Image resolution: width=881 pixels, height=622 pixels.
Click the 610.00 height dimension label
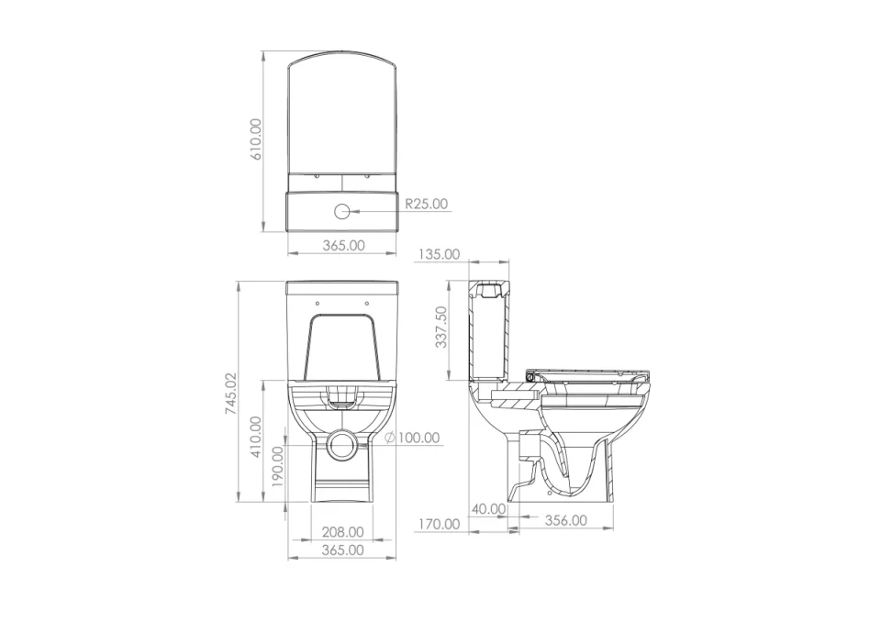tap(257, 139)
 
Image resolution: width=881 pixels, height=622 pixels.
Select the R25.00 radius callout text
tap(427, 204)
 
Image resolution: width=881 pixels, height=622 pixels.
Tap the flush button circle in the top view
tap(342, 210)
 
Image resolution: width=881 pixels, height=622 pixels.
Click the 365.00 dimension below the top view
tap(343, 245)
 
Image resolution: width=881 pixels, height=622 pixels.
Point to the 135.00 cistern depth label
tap(439, 254)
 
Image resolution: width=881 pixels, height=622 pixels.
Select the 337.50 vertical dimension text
tap(441, 327)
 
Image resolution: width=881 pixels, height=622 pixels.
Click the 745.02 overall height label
tap(231, 394)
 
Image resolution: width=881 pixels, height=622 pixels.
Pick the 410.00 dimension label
tap(256, 438)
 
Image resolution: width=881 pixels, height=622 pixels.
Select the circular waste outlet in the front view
tap(342, 443)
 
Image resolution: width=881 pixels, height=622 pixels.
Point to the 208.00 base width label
tap(342, 532)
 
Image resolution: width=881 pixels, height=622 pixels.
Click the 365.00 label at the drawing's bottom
tap(342, 550)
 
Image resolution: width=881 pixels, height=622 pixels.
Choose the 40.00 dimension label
tap(488, 508)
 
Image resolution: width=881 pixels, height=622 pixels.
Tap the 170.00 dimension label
tap(439, 524)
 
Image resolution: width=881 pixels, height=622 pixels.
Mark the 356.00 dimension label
tap(565, 520)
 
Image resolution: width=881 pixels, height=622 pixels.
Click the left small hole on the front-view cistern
tap(317, 303)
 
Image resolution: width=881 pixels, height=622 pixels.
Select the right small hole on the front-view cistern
tap(367, 303)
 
